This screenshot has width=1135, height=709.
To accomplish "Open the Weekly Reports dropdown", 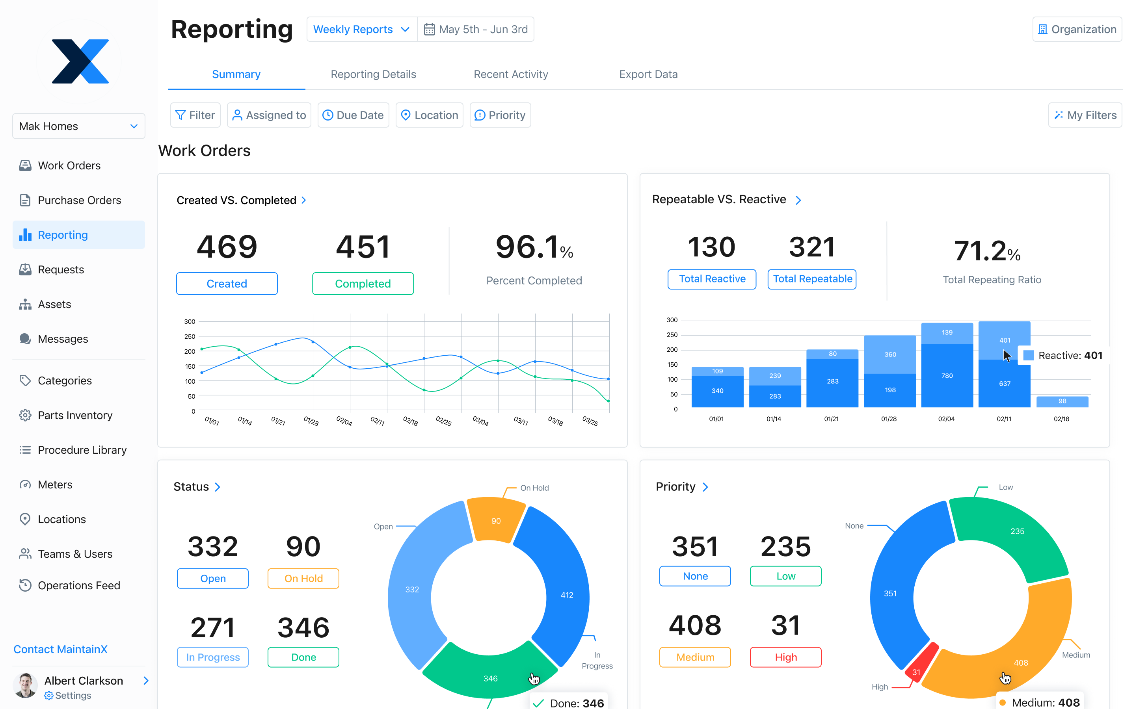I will [361, 30].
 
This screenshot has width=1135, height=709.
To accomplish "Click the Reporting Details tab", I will [373, 74].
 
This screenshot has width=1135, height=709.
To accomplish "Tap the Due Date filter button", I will [353, 115].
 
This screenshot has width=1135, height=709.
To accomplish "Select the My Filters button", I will [1085, 115].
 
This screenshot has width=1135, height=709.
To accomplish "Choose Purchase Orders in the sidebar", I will [79, 200].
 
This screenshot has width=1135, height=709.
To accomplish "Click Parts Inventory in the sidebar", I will [75, 416].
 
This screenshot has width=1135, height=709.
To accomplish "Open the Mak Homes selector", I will [78, 126].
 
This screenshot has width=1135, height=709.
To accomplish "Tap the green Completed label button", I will [363, 284].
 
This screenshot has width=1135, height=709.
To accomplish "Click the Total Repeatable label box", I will [812, 279].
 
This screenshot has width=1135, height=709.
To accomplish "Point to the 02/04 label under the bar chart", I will [946, 419].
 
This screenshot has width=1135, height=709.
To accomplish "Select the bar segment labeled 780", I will [947, 376].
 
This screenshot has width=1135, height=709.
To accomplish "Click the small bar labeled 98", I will [1062, 401].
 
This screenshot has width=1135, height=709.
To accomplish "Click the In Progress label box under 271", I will [212, 657].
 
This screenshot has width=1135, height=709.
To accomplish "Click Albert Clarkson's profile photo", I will [25, 685].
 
